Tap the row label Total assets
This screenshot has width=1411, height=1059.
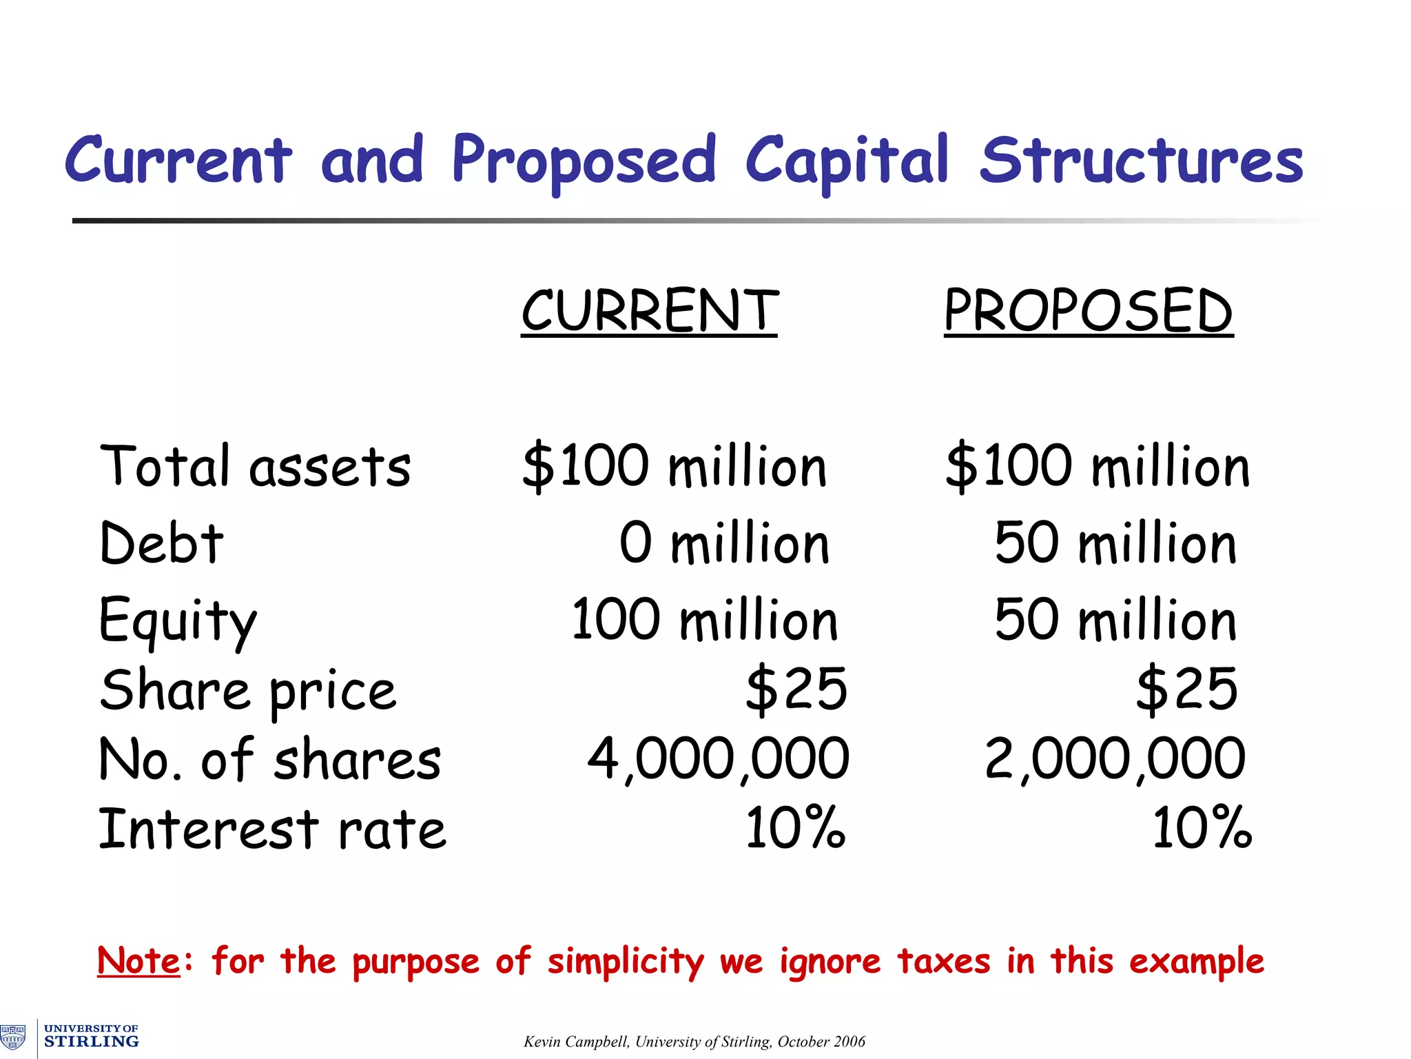click(255, 466)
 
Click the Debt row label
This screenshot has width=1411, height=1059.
click(161, 543)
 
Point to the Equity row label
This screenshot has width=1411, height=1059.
click(178, 621)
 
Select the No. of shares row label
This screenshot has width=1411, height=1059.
click(269, 759)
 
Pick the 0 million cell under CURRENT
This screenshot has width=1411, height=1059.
click(723, 543)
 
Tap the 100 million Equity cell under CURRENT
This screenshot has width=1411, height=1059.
click(704, 620)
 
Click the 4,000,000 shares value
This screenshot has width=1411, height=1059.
click(718, 759)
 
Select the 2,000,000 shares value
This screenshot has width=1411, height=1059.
click(1115, 759)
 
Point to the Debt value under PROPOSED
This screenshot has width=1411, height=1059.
click(1115, 543)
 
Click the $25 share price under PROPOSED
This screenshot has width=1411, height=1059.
click(1186, 689)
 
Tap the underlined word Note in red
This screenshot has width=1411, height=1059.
click(139, 960)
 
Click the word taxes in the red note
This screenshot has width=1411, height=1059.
click(943, 960)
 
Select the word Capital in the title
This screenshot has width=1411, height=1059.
click(847, 161)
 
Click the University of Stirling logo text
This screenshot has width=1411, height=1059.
click(91, 1036)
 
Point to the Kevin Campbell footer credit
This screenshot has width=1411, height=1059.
click(694, 1041)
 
